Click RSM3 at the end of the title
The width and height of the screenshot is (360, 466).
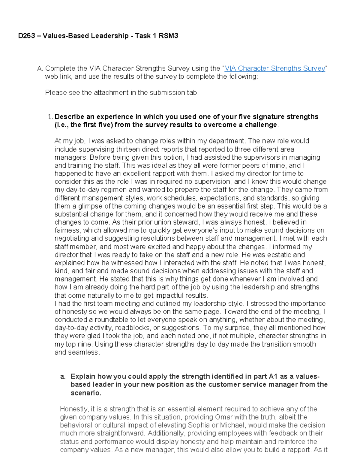pos(168,36)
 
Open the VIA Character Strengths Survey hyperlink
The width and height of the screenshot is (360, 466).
pos(275,68)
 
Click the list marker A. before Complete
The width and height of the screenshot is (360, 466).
pos(40,68)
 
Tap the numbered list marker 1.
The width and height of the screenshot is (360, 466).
pos(50,117)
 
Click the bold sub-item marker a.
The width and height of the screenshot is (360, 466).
pos(62,377)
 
